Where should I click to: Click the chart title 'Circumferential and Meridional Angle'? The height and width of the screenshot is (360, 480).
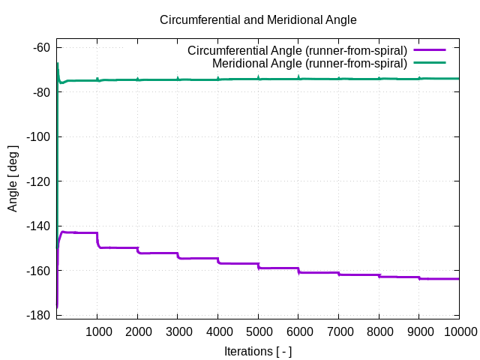[258, 19]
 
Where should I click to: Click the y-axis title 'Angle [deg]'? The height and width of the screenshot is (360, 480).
[13, 178]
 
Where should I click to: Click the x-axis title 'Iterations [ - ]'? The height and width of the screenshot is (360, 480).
[258, 351]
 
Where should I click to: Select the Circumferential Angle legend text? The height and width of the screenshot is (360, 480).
[297, 51]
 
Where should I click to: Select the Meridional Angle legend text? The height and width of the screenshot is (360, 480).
[310, 63]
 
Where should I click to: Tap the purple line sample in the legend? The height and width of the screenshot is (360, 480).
[430, 51]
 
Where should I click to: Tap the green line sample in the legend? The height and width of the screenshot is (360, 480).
[430, 63]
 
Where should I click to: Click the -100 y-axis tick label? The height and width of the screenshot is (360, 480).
[37, 136]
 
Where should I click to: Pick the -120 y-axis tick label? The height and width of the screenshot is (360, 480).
[37, 181]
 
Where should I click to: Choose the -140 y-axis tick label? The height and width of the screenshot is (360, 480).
[37, 226]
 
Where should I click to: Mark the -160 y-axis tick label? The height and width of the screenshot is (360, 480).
[37, 270]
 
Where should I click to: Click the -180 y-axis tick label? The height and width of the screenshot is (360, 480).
[37, 315]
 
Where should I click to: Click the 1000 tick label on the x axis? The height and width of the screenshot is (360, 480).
[97, 331]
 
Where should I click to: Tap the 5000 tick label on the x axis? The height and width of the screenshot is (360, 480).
[258, 331]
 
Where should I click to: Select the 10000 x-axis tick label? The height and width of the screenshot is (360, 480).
[459, 331]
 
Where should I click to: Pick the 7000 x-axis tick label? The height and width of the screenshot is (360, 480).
[338, 331]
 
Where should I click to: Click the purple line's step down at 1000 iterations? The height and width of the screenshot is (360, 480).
[97, 240]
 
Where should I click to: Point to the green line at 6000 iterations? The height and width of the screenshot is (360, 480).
[298, 79]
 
